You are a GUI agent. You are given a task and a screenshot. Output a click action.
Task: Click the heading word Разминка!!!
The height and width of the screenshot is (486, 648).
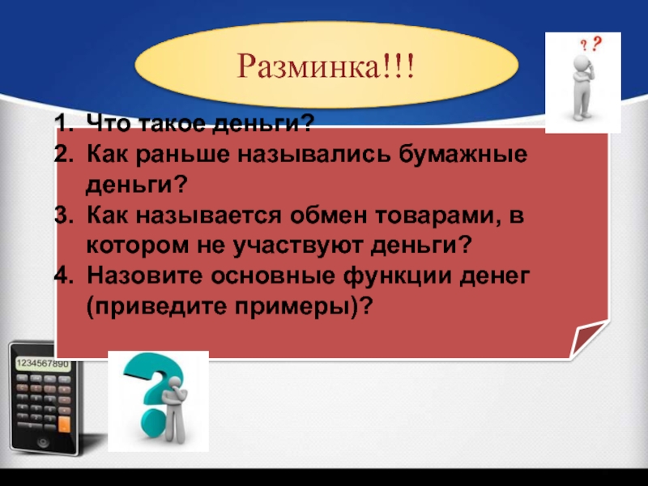click(326, 66)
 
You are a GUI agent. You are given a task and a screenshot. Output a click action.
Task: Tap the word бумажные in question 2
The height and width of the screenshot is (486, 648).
click(463, 155)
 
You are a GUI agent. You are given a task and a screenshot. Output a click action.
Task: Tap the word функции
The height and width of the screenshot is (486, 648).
click(398, 276)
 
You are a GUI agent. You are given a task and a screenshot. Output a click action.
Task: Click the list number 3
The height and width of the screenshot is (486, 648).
click(63, 215)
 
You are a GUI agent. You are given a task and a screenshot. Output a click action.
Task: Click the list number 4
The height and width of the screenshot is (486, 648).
click(63, 275)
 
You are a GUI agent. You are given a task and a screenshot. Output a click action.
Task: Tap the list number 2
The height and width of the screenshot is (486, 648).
click(63, 155)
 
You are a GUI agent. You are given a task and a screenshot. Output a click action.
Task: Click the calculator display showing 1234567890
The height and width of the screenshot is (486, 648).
click(43, 364)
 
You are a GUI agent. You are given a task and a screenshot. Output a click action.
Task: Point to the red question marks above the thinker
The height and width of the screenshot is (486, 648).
click(591, 44)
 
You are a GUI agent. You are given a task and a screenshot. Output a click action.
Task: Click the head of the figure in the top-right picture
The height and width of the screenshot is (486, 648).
click(582, 62)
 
